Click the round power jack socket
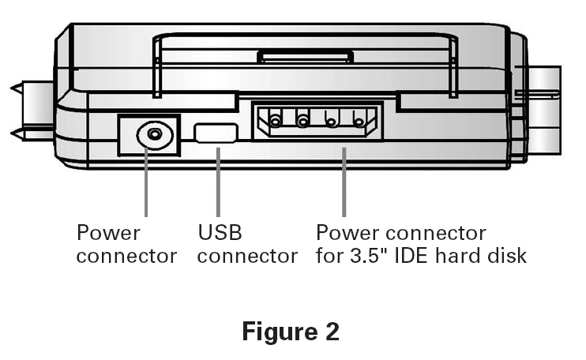[155, 135]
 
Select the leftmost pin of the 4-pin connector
[276, 121]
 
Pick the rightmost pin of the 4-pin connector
[359, 121]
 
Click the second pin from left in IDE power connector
[302, 121]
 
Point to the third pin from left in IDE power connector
[332, 121]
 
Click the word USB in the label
[220, 233]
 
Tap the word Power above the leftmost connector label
[108, 233]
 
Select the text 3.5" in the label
[368, 257]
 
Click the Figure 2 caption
[290, 332]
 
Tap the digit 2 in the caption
[330, 332]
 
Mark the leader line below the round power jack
[146, 186]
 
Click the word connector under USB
[247, 257]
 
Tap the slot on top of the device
[304, 56]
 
